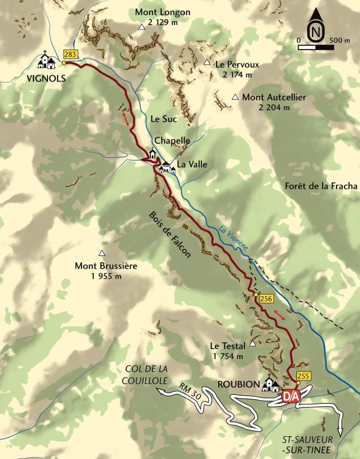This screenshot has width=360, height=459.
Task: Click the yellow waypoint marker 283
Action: [70, 54]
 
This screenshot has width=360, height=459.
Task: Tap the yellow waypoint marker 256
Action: [266, 299]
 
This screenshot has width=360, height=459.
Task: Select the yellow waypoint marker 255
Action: [304, 376]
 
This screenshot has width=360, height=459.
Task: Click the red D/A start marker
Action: [291, 396]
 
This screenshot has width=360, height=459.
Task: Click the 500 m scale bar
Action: [316, 47]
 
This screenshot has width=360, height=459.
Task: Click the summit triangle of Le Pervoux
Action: [207, 62]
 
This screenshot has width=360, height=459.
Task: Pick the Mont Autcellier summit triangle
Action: [236, 97]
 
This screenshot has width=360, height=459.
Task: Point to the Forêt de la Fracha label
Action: [320, 186]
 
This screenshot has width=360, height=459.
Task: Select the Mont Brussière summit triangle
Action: [102, 253]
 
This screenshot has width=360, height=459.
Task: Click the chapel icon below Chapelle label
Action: [152, 154]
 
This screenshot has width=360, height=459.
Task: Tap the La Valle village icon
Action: [167, 167]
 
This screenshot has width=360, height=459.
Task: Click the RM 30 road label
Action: [191, 391]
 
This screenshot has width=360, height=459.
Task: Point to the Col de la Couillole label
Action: [146, 374]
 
